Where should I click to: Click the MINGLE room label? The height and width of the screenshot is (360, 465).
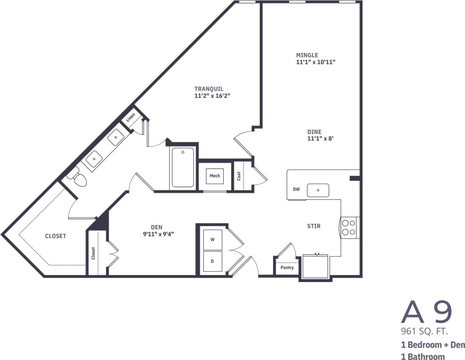pyautogui.click(x=307, y=55)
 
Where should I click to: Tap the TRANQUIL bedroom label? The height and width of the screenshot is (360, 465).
pyautogui.click(x=209, y=89)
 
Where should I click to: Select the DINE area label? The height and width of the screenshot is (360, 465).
pyautogui.click(x=314, y=132)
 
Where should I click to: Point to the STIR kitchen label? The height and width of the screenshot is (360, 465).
pyautogui.click(x=314, y=226)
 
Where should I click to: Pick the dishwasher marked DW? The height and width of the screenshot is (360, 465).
pyautogui.click(x=296, y=189)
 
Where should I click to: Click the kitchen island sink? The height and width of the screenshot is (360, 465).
pyautogui.click(x=318, y=190)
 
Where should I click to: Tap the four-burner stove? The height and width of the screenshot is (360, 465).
pyautogui.click(x=349, y=227)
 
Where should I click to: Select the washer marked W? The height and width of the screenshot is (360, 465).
pyautogui.click(x=212, y=240)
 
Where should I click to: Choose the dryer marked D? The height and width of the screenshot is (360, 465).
pyautogui.click(x=212, y=261)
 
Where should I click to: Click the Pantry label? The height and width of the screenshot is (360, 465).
pyautogui.click(x=287, y=267)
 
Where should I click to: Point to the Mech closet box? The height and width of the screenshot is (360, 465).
pyautogui.click(x=215, y=176)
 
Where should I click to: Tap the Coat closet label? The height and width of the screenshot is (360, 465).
pyautogui.click(x=239, y=176)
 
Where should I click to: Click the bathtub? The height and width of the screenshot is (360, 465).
pyautogui.click(x=183, y=167)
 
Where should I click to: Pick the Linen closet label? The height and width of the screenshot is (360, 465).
pyautogui.click(x=131, y=116)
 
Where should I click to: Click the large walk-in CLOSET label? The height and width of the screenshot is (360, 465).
pyautogui.click(x=55, y=236)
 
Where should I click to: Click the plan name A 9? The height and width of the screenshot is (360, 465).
pyautogui.click(x=426, y=311)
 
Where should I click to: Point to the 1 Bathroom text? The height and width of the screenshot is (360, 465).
pyautogui.click(x=423, y=357)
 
